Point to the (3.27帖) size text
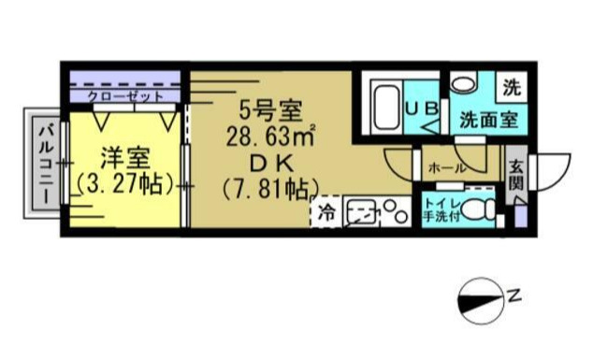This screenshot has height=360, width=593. pyautogui.click(x=124, y=183)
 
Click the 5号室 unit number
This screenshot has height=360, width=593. pyautogui.click(x=269, y=110)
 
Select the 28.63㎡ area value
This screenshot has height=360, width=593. pyautogui.click(x=269, y=137)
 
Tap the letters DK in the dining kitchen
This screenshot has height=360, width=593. pyautogui.click(x=269, y=163)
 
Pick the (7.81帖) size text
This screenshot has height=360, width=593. pyautogui.click(x=269, y=188)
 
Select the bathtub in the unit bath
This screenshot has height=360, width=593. pyautogui.click(x=384, y=109)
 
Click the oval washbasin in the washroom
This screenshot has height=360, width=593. pyautogui.click(x=462, y=83)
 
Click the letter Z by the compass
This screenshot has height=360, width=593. pyautogui.click(x=514, y=297)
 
